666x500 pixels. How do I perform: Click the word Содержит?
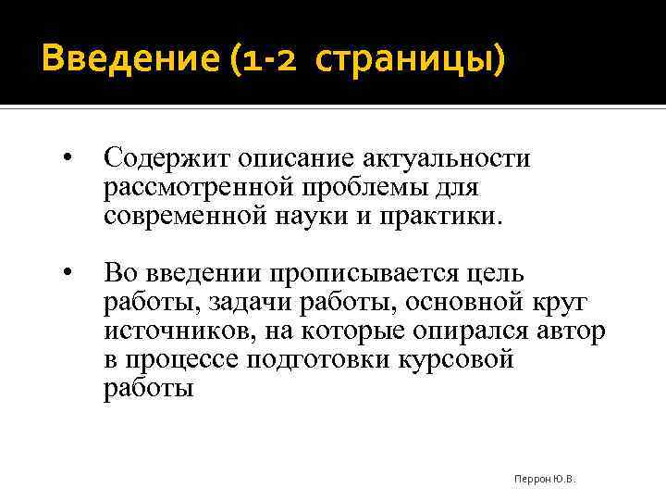click(167, 158)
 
